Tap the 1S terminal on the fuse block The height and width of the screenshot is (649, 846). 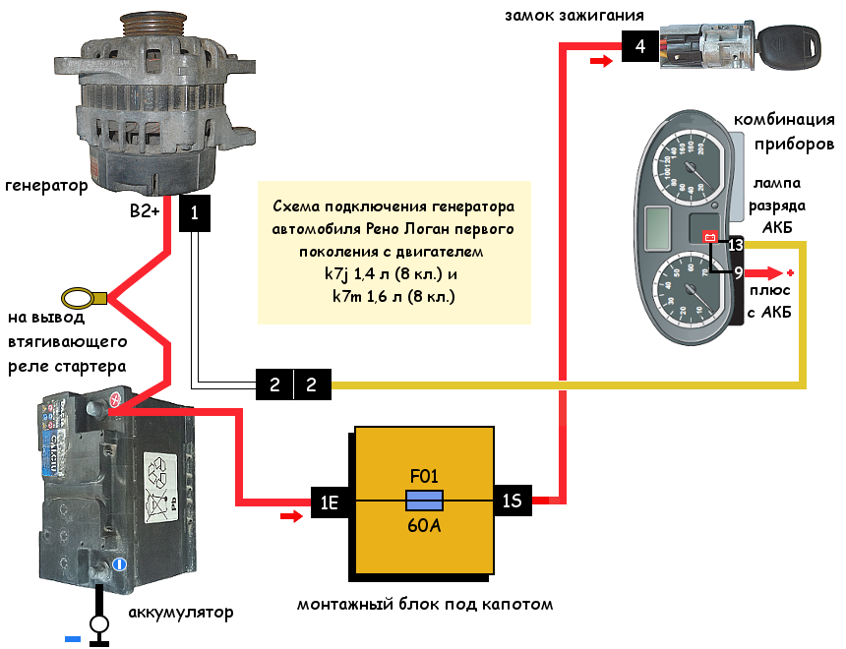pos(513,502)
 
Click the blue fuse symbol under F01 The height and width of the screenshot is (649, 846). pos(425,501)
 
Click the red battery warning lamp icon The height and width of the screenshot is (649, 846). pos(706,236)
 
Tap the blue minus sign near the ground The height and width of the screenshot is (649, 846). pos(73,639)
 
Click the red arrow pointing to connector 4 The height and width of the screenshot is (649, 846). pos(599,62)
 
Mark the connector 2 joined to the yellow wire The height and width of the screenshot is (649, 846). pos(312,384)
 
